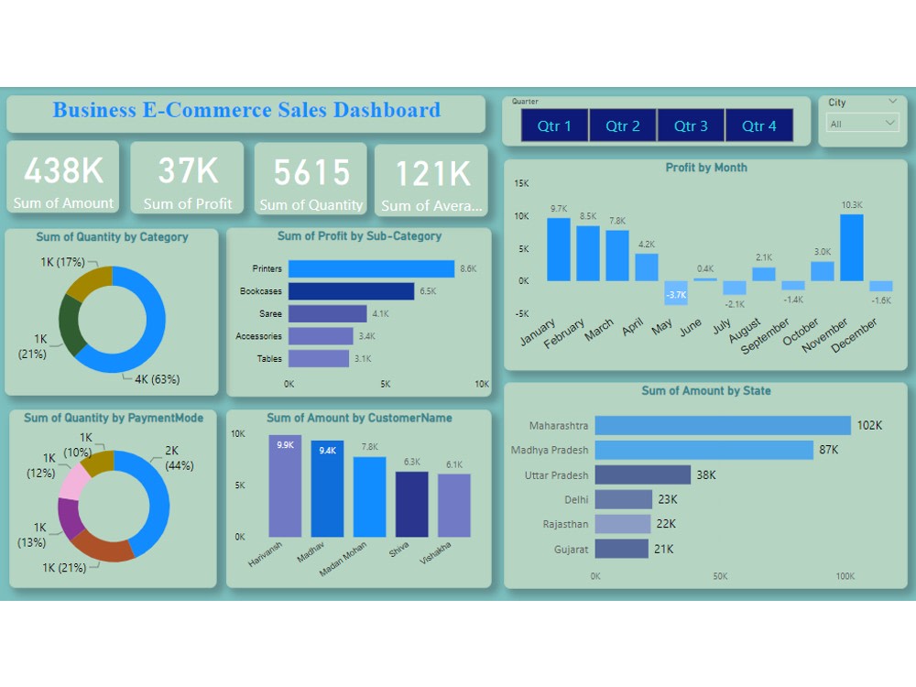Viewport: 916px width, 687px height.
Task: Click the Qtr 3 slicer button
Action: tap(691, 125)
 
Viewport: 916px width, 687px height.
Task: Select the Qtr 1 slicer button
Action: tap(554, 125)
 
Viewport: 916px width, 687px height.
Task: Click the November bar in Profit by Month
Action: tap(851, 247)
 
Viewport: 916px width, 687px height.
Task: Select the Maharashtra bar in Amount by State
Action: tap(723, 425)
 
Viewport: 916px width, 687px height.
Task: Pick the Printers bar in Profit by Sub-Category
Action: tap(371, 268)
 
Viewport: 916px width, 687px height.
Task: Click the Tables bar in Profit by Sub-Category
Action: tap(319, 358)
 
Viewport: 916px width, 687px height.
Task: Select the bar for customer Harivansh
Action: tap(285, 486)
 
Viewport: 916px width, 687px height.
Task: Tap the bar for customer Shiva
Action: tap(411, 504)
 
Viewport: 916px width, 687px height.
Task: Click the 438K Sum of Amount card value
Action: tap(63, 171)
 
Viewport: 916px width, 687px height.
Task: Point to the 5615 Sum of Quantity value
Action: tap(311, 172)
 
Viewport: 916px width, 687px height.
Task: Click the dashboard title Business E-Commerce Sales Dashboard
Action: tap(246, 111)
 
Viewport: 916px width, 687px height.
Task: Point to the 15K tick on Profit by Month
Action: tap(521, 183)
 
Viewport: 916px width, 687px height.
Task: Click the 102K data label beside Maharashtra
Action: tap(869, 425)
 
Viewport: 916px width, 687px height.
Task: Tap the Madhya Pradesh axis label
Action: tap(550, 450)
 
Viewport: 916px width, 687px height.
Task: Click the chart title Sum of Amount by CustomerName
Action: tap(359, 418)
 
